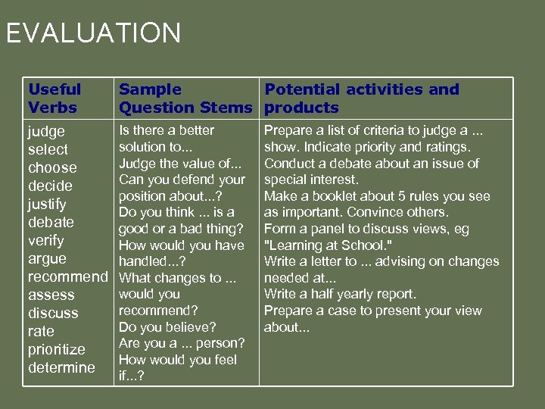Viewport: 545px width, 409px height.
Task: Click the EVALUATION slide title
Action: click(93, 33)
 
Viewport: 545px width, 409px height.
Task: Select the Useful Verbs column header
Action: click(54, 98)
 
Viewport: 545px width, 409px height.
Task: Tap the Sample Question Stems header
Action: click(185, 98)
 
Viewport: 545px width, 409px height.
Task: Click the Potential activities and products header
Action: click(361, 98)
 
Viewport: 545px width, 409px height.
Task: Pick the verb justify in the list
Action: click(47, 204)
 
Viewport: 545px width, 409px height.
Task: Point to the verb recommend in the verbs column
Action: click(68, 276)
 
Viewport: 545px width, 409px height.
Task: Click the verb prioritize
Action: click(57, 349)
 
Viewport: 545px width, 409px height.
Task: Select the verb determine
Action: click(61, 367)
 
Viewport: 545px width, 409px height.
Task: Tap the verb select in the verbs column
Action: click(48, 149)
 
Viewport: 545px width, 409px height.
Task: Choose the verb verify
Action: click(46, 240)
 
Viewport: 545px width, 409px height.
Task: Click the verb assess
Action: click(51, 295)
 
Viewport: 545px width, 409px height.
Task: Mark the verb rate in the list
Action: click(41, 331)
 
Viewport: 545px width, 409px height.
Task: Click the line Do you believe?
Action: click(167, 327)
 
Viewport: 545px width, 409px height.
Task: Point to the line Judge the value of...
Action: click(180, 163)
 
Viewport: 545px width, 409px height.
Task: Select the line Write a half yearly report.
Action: click(340, 294)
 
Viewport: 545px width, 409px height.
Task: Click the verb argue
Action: click(47, 258)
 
